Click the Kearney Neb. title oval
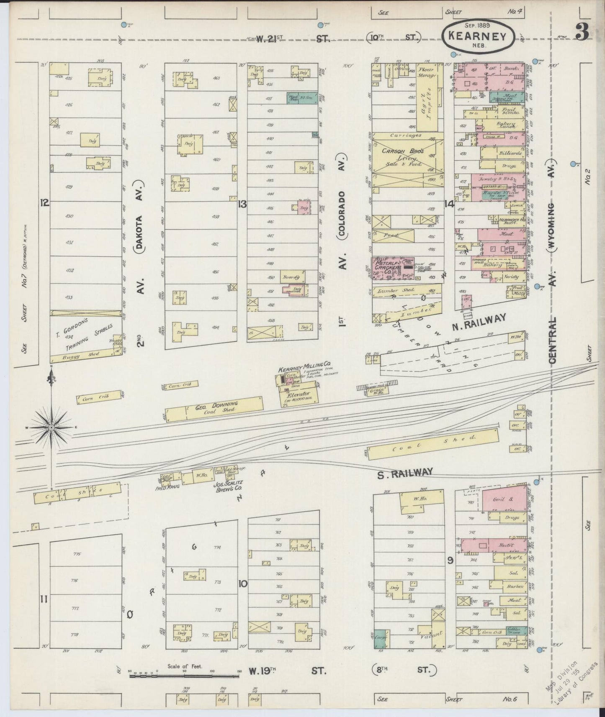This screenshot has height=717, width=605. point(477,37)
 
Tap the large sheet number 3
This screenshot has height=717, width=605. point(582,32)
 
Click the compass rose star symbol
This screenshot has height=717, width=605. point(51,428)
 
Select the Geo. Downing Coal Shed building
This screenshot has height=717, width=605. point(214,407)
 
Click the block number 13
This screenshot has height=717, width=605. point(242,205)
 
